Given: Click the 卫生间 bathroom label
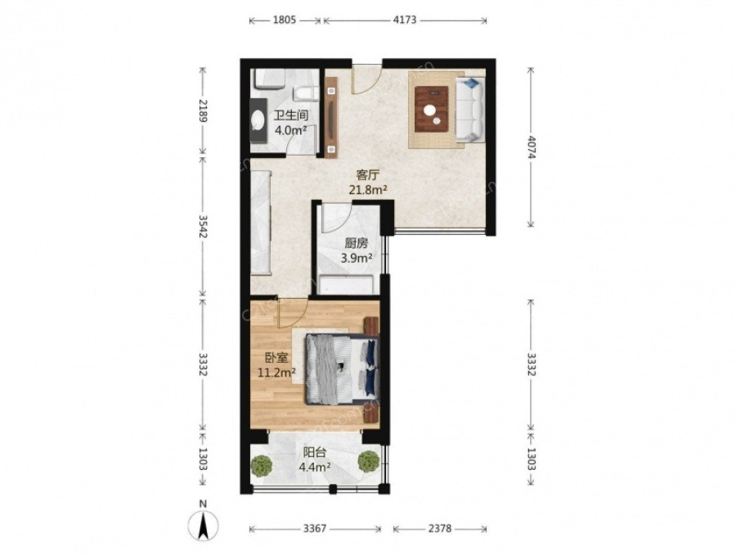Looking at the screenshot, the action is click(x=291, y=115).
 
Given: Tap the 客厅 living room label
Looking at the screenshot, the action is click(x=367, y=176).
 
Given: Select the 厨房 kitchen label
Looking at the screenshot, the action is click(x=357, y=243).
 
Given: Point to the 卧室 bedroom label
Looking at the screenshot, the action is click(x=276, y=358).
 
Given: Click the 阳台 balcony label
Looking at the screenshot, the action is click(x=315, y=453).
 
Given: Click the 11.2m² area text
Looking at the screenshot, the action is click(x=276, y=372).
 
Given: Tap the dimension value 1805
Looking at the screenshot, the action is click(x=284, y=20).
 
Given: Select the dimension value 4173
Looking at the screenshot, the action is click(x=404, y=20).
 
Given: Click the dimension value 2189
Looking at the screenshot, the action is click(x=203, y=111).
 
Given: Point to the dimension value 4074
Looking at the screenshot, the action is click(x=531, y=147).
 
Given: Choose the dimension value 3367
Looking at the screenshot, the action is click(x=315, y=529).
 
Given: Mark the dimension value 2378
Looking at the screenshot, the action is click(x=440, y=529).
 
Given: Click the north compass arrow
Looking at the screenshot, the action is click(x=204, y=526).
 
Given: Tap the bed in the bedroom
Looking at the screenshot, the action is click(x=342, y=369).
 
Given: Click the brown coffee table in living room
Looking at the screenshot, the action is click(x=431, y=109).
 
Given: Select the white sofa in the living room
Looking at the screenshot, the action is click(x=470, y=110).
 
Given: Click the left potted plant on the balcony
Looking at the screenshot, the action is click(x=262, y=466).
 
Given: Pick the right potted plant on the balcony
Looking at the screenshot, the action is click(x=369, y=462).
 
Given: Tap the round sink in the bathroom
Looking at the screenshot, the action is click(x=258, y=121).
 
